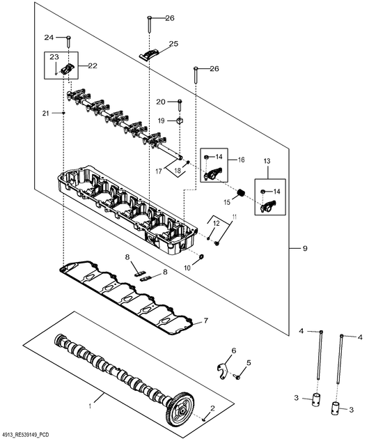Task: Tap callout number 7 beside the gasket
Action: tap(205, 321)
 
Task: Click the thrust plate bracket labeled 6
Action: tap(221, 368)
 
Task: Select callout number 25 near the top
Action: tap(173, 43)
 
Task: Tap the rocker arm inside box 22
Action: tap(68, 68)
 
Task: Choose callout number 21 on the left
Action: tap(45, 113)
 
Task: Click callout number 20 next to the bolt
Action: tap(160, 102)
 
